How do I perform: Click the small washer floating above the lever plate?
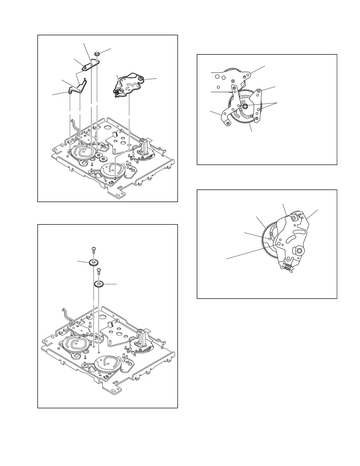pos(97,54)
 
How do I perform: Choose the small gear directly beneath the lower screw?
pos(99,284)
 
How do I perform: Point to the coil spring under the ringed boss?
pos(288,267)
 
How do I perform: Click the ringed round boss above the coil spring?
pos(299,251)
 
